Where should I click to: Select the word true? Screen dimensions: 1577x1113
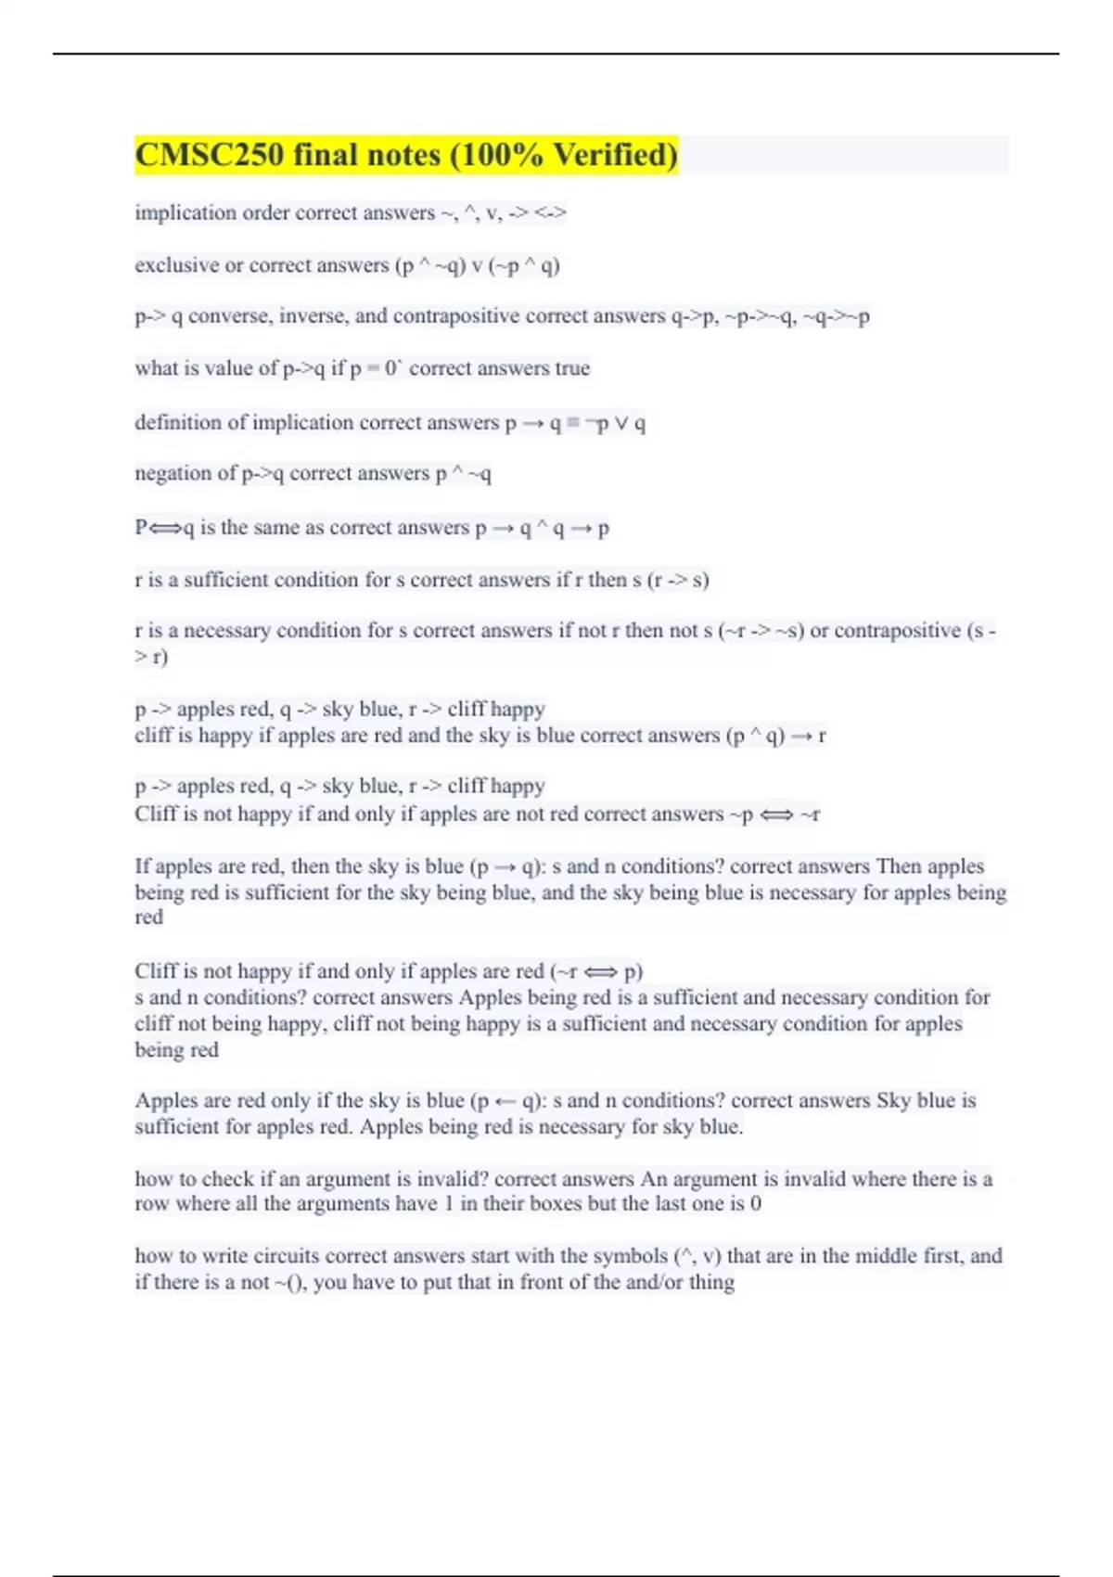click(x=572, y=368)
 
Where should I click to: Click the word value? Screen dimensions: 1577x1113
click(x=230, y=368)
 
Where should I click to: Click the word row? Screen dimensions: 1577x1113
click(x=151, y=1204)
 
